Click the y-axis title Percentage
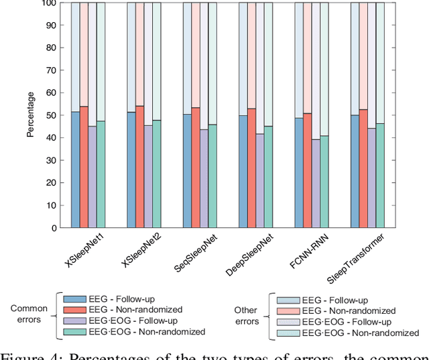pyautogui.click(x=31, y=115)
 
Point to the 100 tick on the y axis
pyautogui.click(x=53, y=3)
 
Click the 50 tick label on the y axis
pyautogui.click(x=55, y=115)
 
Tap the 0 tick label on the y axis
pyautogui.click(x=58, y=228)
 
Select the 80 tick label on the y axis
pyautogui.click(x=55, y=48)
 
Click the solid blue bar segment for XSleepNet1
pyautogui.click(x=76, y=170)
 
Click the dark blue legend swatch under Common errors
pyautogui.click(x=76, y=298)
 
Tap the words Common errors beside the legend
pyautogui.click(x=29, y=314)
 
